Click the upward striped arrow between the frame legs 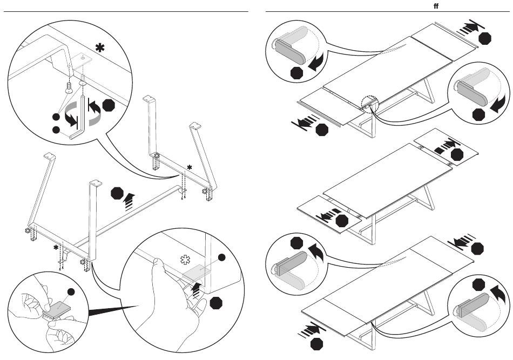tap(129, 201)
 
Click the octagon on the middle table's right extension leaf tap(457, 155)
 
